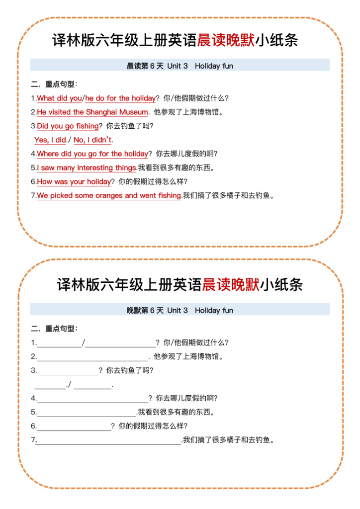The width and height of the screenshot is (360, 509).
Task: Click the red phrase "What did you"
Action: point(59,98)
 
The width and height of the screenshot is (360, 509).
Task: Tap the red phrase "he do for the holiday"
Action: point(121,98)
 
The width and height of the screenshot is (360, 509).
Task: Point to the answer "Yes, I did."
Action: point(50,140)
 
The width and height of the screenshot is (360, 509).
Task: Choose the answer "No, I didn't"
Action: point(93,140)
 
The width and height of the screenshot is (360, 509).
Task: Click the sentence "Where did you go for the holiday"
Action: point(92,154)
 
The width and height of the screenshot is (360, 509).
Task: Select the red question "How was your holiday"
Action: point(74,182)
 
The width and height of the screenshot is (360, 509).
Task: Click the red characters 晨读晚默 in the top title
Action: point(226,40)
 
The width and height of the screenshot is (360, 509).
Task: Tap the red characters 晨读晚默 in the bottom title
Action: point(231,285)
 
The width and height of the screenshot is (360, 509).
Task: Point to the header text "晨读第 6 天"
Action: point(145,66)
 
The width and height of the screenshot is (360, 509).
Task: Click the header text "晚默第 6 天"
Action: point(145,311)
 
